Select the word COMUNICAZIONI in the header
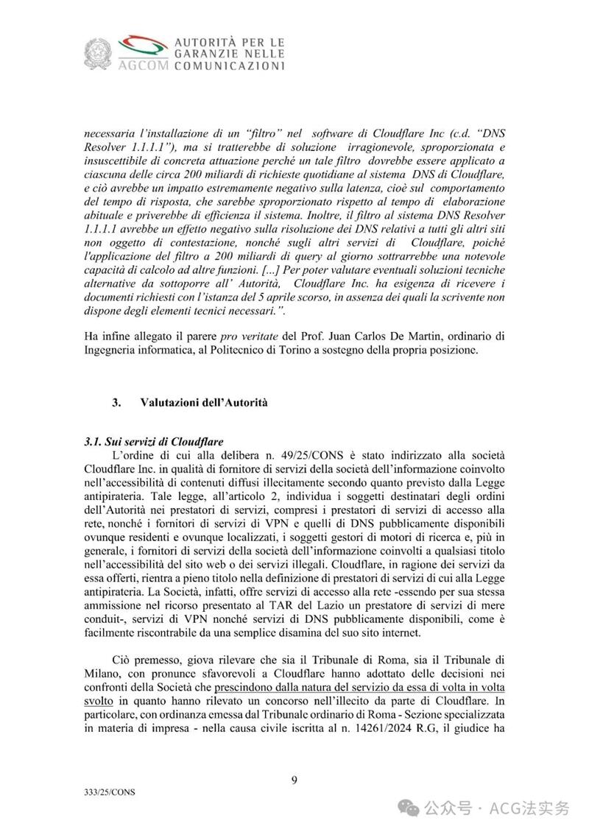pos(229,66)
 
